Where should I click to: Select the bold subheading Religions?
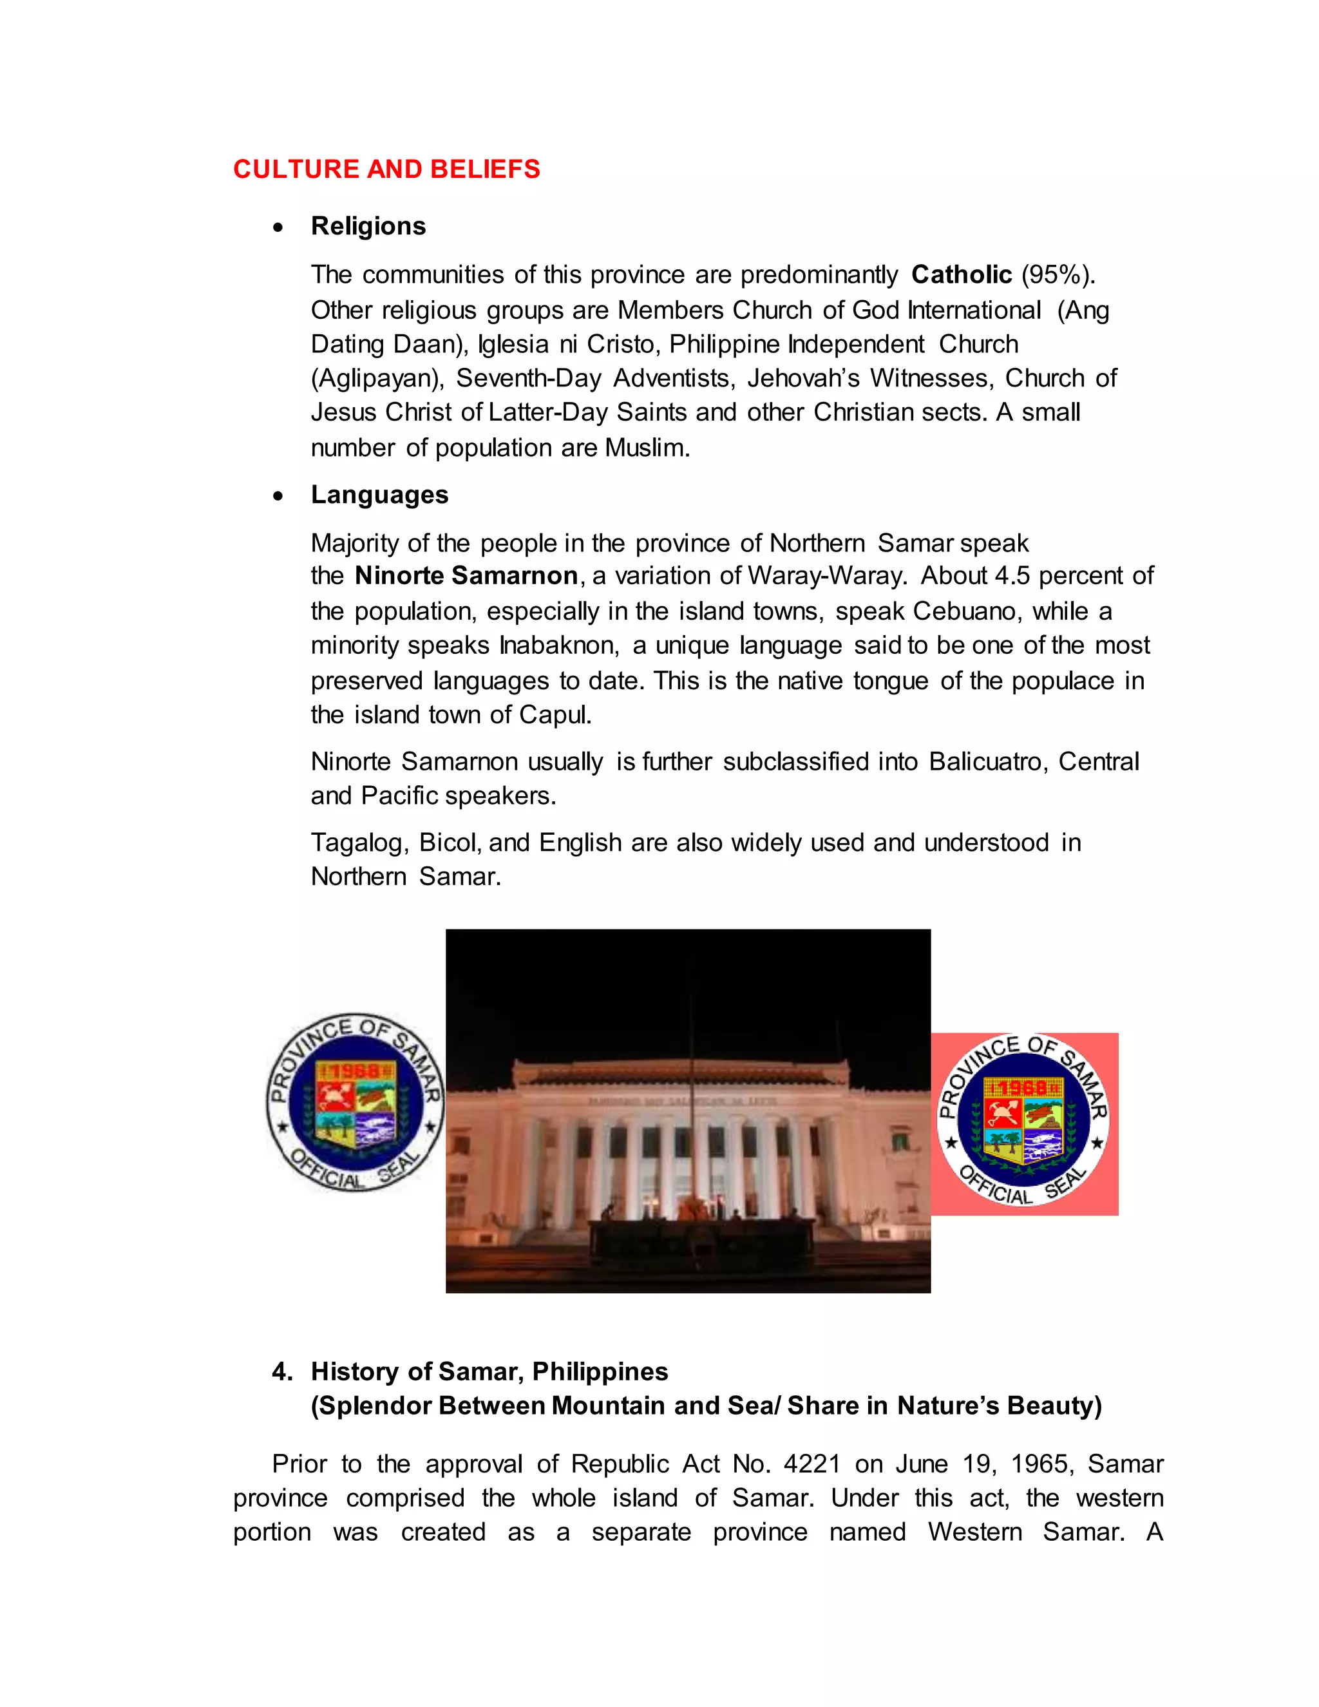pos(368,226)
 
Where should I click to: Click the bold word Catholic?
pos(961,274)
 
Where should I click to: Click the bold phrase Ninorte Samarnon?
pos(466,576)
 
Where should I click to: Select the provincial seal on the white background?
pos(356,1103)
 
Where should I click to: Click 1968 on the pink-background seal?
pos(1023,1088)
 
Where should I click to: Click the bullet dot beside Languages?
pos(278,496)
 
